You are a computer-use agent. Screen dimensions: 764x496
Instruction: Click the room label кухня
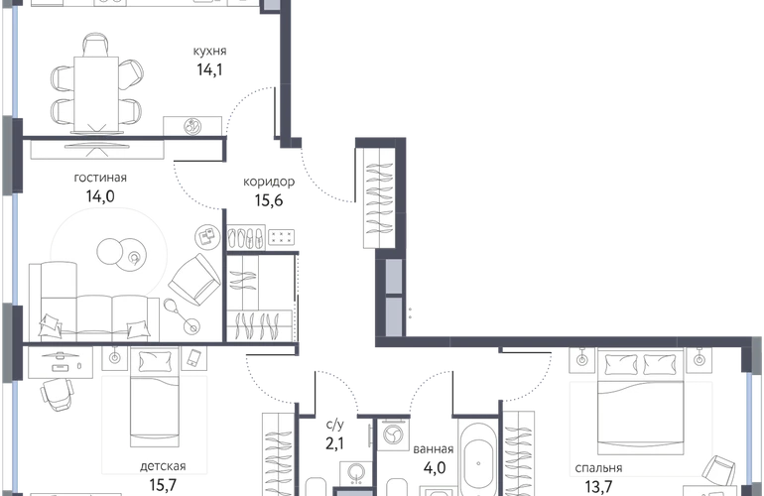[x=209, y=52]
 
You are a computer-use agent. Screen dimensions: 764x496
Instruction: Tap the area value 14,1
[x=209, y=70]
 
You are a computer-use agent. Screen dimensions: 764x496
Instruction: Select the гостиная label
[x=100, y=178]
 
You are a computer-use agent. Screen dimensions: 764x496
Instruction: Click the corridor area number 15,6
[x=269, y=200]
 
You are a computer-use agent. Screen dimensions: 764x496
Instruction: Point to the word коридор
[x=269, y=183]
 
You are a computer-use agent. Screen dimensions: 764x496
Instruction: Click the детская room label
[x=163, y=466]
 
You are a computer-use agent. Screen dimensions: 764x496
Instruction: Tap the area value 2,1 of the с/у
[x=334, y=443]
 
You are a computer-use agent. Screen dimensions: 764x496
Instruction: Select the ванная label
[x=434, y=449]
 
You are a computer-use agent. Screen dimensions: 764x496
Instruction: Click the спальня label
[x=598, y=468]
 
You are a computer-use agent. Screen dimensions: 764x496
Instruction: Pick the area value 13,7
[x=598, y=486]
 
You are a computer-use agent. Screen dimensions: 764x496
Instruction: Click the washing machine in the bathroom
[x=393, y=434]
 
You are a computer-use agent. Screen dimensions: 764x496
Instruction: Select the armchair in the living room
[x=194, y=279]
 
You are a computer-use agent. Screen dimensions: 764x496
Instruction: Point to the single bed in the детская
[x=155, y=397]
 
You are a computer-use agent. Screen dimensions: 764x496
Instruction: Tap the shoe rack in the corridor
[x=246, y=238]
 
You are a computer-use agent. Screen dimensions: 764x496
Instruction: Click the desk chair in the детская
[x=58, y=393]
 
